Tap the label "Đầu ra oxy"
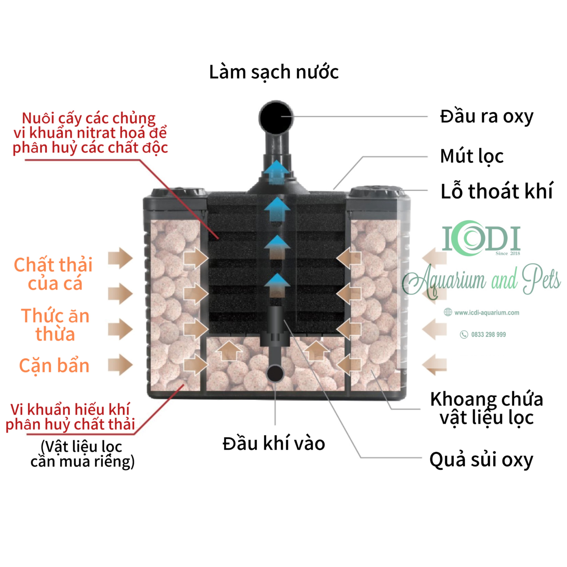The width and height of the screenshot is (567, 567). pyautogui.click(x=486, y=117)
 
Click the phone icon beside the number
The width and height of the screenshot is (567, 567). pyautogui.click(x=464, y=335)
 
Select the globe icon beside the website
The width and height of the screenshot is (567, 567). pyautogui.click(x=448, y=312)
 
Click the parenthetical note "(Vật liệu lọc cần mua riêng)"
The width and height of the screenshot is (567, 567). pyautogui.click(x=82, y=454)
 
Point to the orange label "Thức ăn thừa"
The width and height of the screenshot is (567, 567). pyautogui.click(x=55, y=325)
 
